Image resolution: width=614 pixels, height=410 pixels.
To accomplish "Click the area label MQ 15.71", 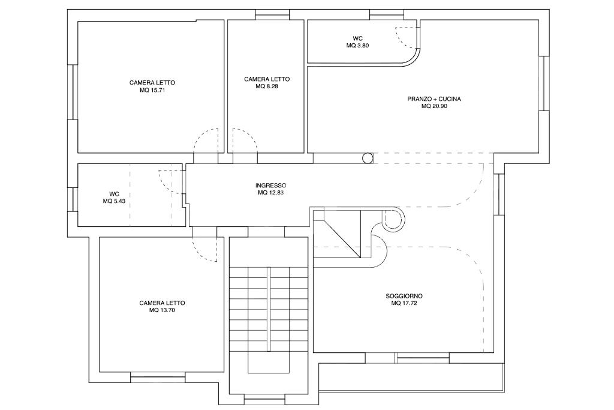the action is [152, 90].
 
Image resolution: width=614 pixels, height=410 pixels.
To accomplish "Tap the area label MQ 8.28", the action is [267, 86].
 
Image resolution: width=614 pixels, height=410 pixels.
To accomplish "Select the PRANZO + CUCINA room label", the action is [434, 99].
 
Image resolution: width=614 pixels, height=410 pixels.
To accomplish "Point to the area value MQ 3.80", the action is [357, 46].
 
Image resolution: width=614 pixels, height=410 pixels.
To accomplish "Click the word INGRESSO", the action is [270, 185].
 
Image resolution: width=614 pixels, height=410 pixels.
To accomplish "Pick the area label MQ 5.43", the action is [115, 201].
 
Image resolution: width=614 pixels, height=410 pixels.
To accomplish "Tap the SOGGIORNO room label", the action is [404, 296].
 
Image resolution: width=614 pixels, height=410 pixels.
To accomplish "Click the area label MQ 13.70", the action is [162, 310].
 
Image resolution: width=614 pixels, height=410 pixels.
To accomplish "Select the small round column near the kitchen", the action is [368, 158].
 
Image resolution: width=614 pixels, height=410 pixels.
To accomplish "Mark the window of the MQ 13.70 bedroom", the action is [158, 376].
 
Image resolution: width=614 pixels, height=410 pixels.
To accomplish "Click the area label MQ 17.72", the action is [404, 303].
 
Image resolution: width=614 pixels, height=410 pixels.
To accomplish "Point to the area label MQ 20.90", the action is [434, 106].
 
